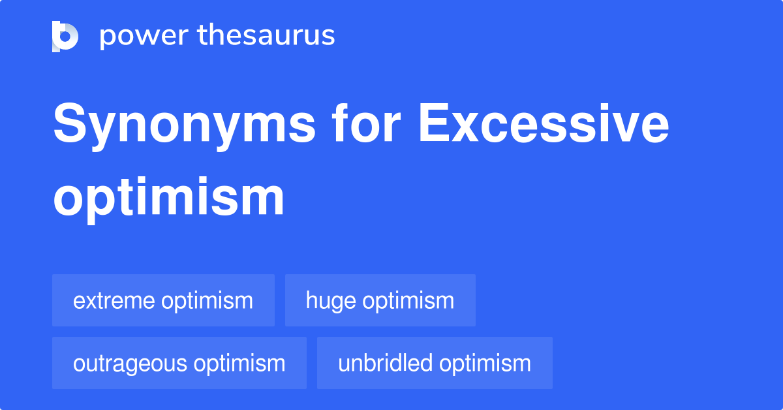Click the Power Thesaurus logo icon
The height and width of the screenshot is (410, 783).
(65, 36)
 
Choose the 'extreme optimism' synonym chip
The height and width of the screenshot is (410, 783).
(163, 300)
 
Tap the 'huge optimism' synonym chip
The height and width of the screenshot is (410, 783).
(380, 300)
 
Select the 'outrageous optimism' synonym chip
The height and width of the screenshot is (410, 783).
(179, 363)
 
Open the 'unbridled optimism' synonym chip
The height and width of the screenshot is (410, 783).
(435, 363)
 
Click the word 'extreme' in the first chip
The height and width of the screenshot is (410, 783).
(114, 301)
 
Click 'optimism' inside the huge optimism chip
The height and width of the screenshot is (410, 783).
(408, 302)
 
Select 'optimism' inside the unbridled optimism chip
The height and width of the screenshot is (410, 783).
(485, 364)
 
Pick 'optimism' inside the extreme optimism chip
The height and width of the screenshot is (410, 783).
(207, 302)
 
